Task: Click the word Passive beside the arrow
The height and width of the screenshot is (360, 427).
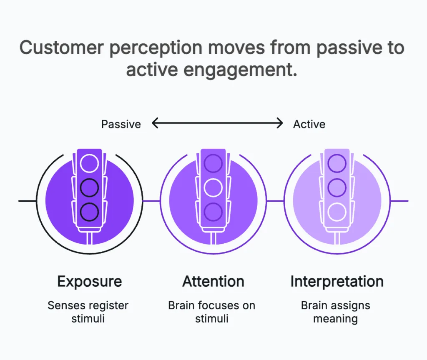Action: [121, 124]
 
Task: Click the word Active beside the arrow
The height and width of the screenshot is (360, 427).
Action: [309, 124]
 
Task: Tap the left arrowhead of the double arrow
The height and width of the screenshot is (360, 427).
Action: [155, 123]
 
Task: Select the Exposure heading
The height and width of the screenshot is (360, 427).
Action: [90, 282]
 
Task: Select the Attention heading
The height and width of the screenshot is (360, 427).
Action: [213, 282]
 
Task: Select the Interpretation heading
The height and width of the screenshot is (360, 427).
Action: [337, 282]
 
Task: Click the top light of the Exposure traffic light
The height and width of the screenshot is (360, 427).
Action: [90, 163]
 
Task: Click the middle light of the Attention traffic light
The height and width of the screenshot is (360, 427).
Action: [213, 187]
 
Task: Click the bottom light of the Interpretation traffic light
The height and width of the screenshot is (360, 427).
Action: [337, 212]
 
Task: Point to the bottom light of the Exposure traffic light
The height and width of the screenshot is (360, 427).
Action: [90, 212]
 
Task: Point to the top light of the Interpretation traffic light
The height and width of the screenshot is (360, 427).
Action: [337, 163]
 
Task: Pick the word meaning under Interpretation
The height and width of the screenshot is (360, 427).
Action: [335, 319]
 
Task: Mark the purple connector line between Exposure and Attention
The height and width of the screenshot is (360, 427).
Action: [151, 201]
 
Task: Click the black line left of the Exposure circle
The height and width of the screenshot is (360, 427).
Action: [27, 201]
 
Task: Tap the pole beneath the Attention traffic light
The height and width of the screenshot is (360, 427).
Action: [213, 238]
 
